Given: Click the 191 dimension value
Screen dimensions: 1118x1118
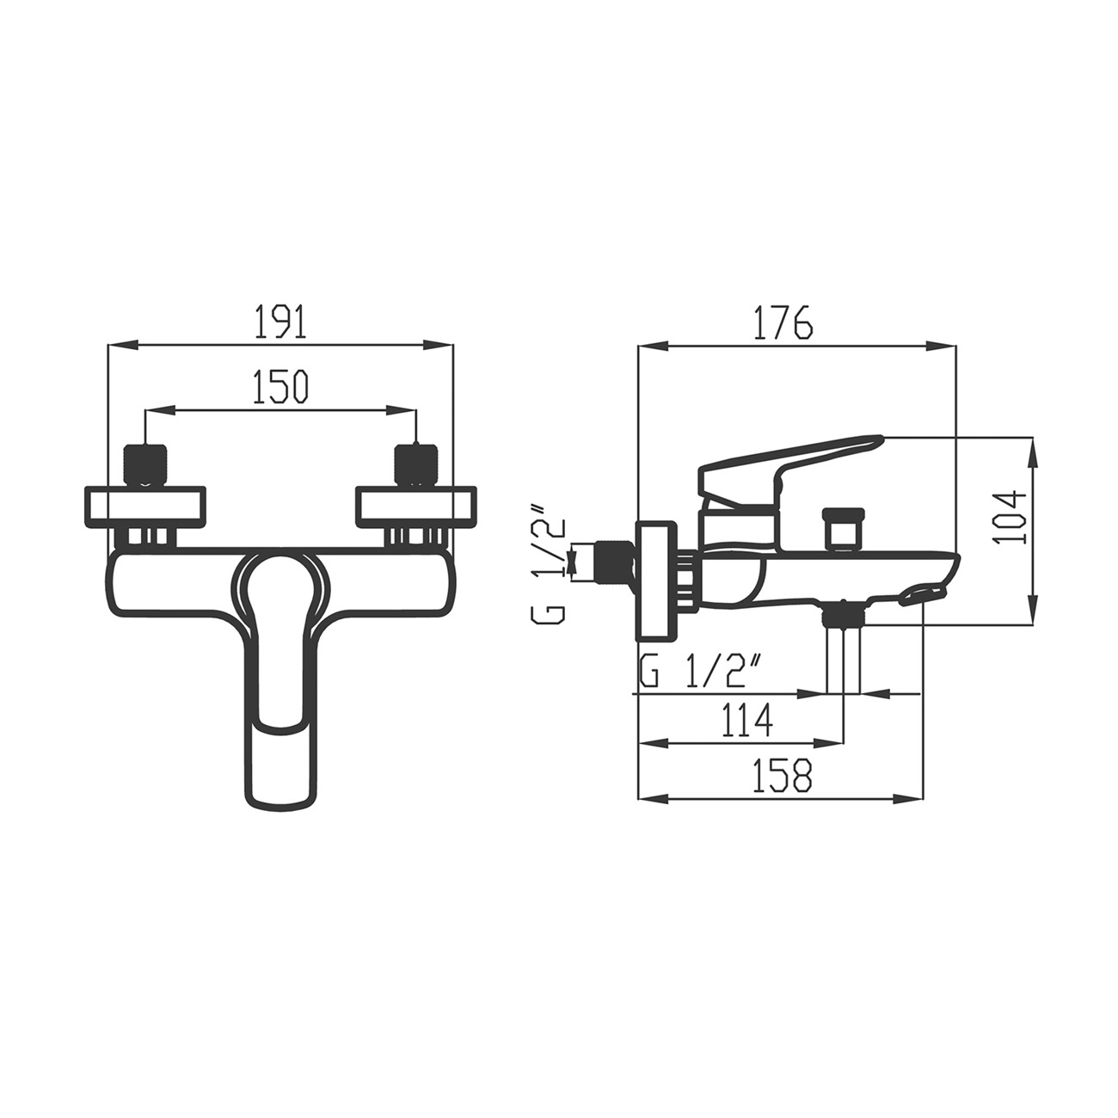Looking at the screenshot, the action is pos(280,320).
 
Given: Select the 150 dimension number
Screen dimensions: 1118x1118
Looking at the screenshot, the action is pos(280,386).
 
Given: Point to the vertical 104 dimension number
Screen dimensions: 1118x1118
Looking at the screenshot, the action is pos(1010,518).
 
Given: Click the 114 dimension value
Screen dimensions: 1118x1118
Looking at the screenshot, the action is pos(747,720).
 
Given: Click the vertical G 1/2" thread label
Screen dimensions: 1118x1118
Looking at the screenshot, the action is pos(548,562).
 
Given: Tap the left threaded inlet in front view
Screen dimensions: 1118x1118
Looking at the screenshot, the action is pos(145,464).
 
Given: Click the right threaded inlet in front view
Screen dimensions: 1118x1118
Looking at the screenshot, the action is pos(415,464).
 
